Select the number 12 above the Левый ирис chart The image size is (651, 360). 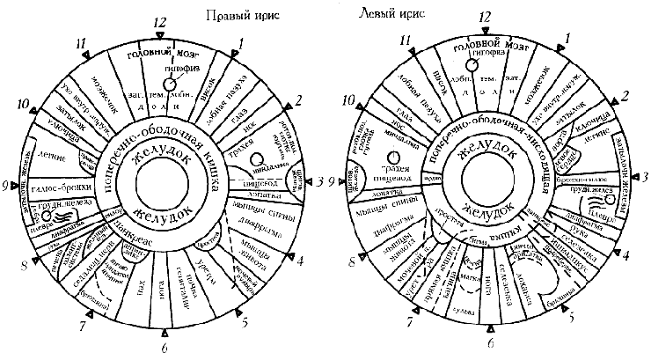click(484, 18)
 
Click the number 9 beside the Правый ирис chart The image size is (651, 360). click(6, 184)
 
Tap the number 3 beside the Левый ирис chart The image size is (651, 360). click(645, 178)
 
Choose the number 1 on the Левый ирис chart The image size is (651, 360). click(567, 37)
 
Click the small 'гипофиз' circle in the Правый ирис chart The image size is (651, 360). click(170, 78)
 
